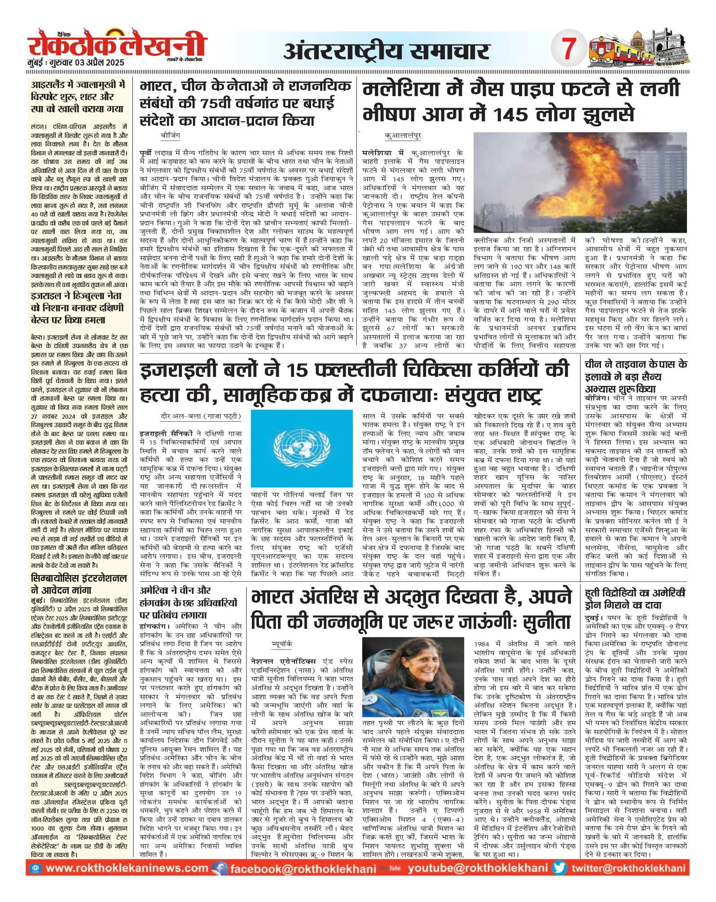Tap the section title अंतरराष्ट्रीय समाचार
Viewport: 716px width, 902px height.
point(386,51)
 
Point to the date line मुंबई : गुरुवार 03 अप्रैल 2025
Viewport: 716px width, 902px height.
point(75,62)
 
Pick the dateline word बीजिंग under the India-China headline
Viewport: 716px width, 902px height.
point(170,135)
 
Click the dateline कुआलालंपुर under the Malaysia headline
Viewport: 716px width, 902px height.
point(403,135)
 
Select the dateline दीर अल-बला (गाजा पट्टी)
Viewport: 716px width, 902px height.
point(201,416)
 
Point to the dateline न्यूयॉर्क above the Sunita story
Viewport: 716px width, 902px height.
point(281,644)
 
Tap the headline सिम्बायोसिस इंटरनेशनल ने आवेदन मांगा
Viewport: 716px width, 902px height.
point(79,584)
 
